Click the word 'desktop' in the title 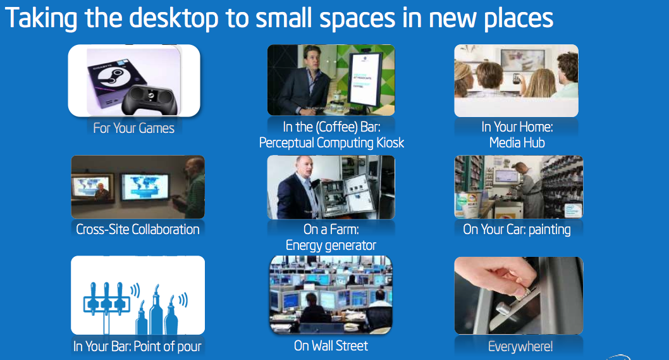point(173,18)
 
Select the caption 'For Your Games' point(133,128)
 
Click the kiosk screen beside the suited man point(365,79)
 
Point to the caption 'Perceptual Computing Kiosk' point(331,142)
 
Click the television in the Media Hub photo point(522,60)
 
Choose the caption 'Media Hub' point(517,142)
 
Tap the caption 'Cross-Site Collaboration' point(137,229)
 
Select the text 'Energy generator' point(331,245)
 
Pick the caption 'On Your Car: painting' point(517,229)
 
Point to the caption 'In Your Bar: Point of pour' point(137,346)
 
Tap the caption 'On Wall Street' point(331,345)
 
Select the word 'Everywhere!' point(520,346)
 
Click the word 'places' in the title point(519,18)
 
